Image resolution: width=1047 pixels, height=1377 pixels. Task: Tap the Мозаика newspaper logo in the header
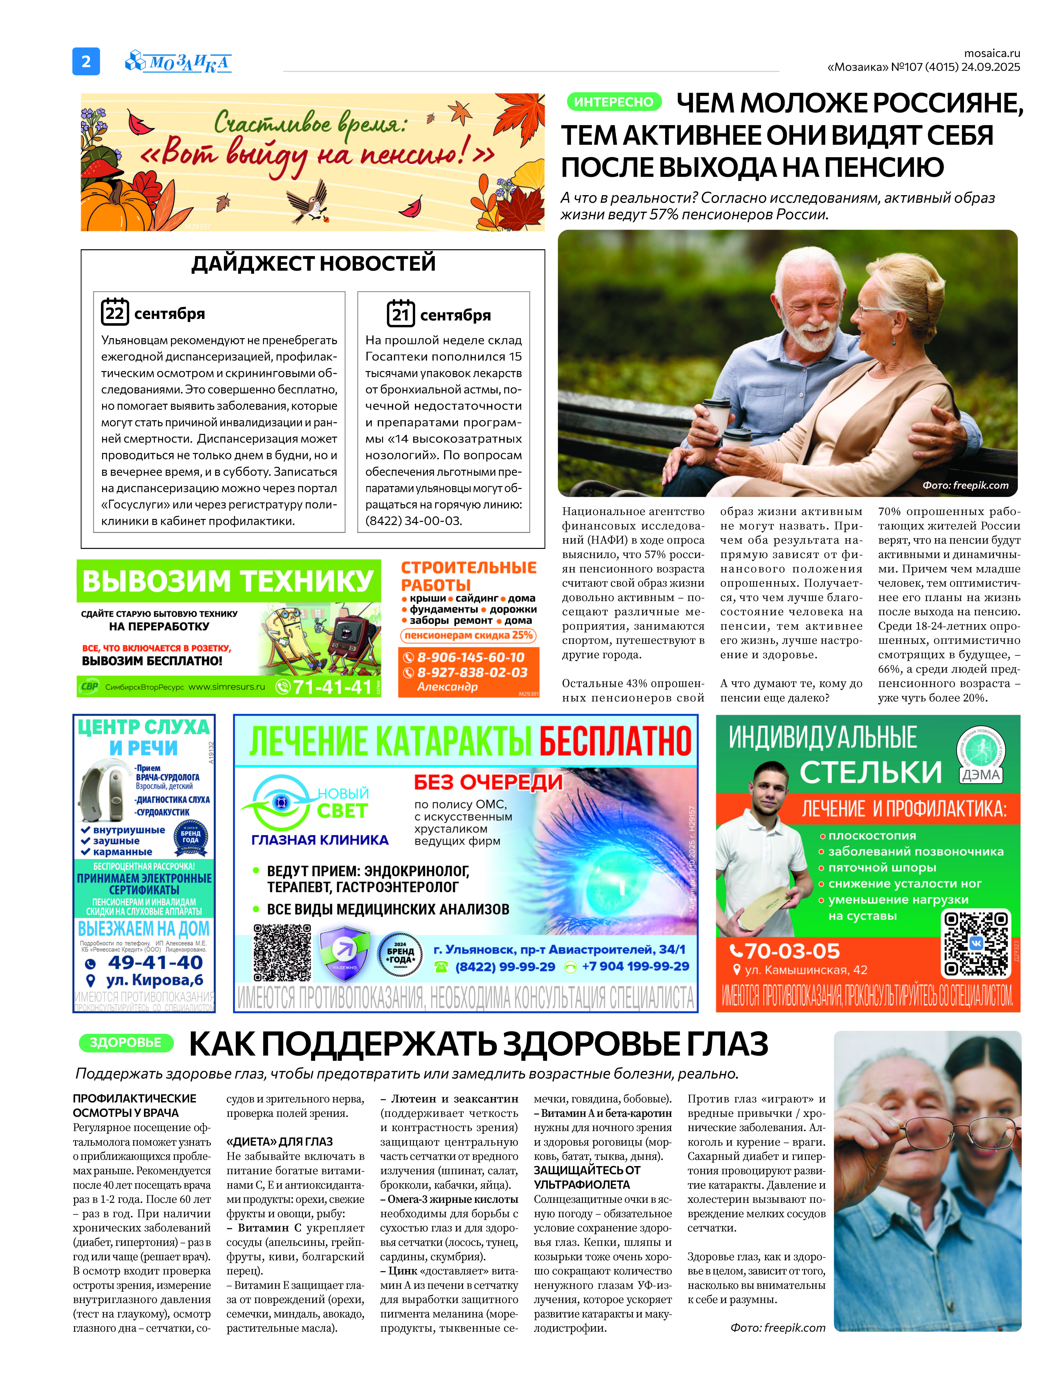click(x=179, y=62)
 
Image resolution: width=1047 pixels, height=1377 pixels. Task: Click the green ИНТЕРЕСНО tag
click(x=613, y=102)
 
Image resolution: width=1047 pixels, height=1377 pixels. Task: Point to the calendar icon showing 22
click(x=115, y=312)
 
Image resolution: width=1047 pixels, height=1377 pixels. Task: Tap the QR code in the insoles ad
click(x=976, y=943)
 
